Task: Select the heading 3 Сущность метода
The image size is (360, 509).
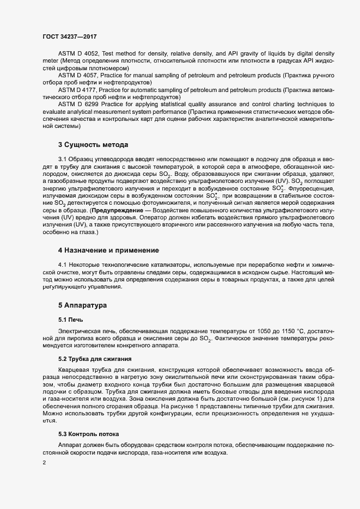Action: pyautogui.click(x=93, y=145)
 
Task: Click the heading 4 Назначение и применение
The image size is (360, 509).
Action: pyautogui.click(x=108, y=250)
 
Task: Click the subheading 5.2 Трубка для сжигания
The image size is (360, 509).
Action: pyautogui.click(x=94, y=359)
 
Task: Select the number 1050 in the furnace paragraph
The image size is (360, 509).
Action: pyautogui.click(x=286, y=332)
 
